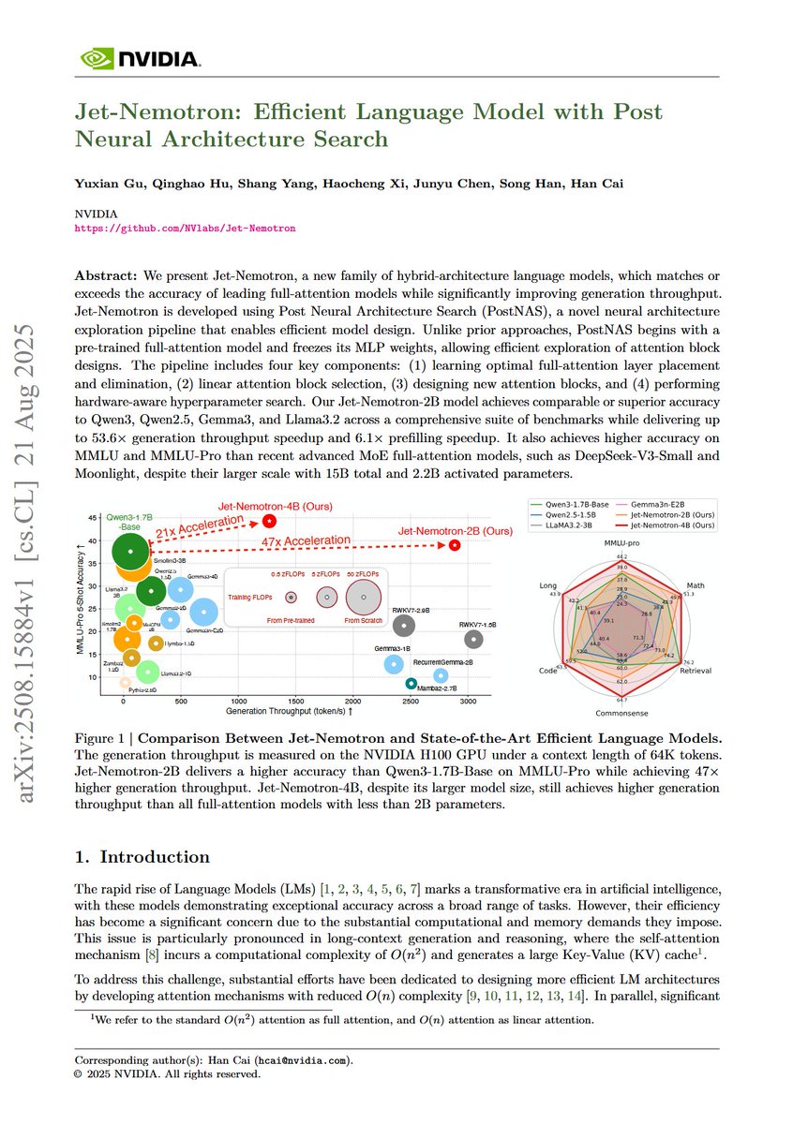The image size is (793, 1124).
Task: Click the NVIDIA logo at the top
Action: coord(140,58)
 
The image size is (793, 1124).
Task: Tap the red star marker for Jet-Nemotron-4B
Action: coord(270,520)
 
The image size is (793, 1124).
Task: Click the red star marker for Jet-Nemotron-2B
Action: coord(455,544)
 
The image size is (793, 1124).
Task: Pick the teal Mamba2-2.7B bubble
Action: coord(411,684)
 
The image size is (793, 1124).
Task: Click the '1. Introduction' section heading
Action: coord(142,857)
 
